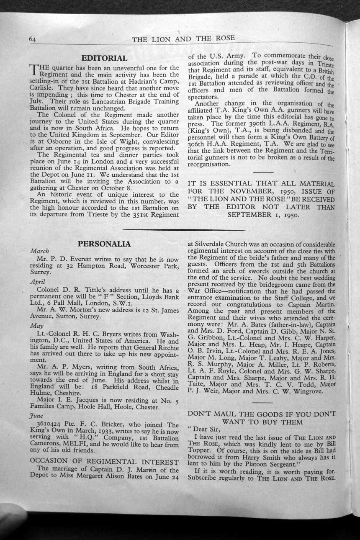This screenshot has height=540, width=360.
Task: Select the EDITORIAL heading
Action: click(104, 58)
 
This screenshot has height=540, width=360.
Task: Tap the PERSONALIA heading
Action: click(104, 244)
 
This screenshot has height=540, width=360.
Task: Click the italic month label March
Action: click(40, 251)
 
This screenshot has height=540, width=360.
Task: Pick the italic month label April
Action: click(38, 282)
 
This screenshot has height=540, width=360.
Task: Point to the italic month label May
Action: click(37, 325)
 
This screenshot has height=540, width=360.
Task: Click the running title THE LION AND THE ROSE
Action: click(183, 39)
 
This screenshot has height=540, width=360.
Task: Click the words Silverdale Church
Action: click(216, 244)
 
